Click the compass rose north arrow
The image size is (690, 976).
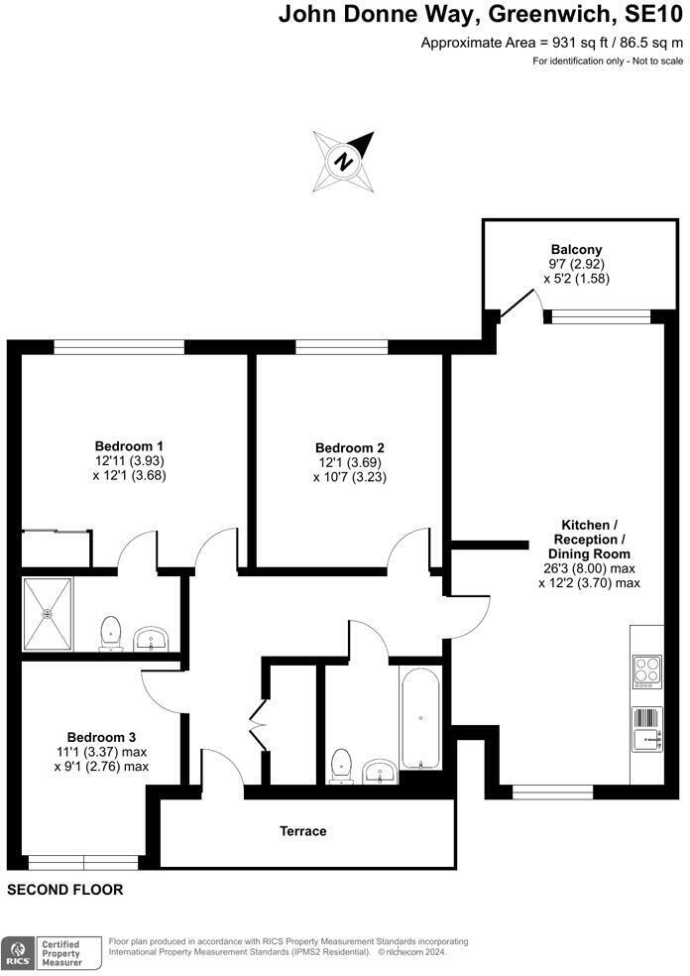point(343,161)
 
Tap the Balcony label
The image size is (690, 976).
point(576,249)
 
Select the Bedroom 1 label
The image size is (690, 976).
point(129,446)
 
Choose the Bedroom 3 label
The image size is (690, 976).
point(101,737)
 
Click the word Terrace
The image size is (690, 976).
point(303,831)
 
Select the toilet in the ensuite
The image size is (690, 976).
point(111,633)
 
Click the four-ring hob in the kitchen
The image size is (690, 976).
point(646,671)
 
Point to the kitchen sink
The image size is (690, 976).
point(646,736)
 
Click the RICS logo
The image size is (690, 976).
point(16,953)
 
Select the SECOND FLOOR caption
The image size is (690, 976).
point(65,891)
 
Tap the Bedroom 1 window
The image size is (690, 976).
point(119,346)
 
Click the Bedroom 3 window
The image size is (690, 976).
point(83,861)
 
